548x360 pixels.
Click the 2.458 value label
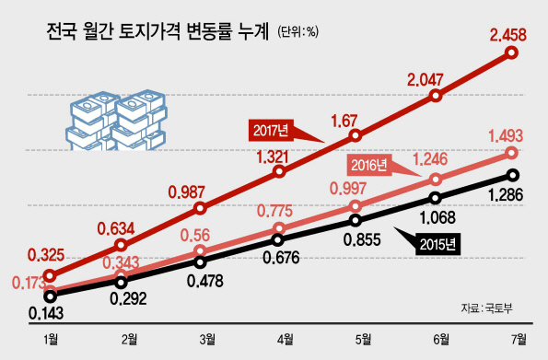pos(507,35)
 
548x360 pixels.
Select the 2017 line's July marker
pos(512,52)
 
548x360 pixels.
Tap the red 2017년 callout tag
pos(271,131)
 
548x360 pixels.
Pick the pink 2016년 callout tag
pos(369,165)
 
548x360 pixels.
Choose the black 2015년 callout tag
pos(437,245)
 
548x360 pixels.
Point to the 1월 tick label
pos(51,339)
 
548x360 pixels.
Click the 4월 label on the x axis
pos(286,339)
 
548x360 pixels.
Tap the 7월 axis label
pos(519,339)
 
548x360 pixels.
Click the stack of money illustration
pos(116,121)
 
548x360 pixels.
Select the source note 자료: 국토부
pos(486,308)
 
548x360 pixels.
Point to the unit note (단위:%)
pos(297,32)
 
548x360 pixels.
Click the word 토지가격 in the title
pos(149,31)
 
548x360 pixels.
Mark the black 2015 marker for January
pos(51,296)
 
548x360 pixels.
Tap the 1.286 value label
pos(506,194)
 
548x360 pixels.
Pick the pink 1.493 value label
pos(506,135)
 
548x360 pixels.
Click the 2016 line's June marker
pos(437,180)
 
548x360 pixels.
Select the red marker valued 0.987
pos(200,209)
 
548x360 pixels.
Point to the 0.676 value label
pos(281,258)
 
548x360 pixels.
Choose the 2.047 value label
pos(425,80)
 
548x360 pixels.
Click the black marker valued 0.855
pos(356,220)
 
